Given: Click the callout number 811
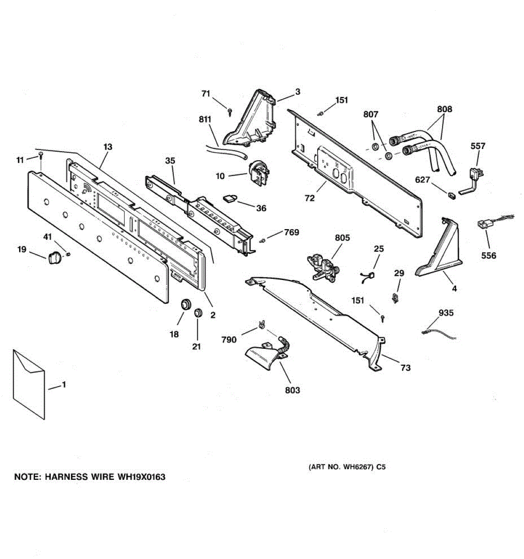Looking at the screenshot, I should coord(205,120).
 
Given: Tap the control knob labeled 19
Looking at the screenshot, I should coord(54,256).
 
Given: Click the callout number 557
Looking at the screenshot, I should coord(477,146).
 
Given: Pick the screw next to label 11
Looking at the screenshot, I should coord(41,154).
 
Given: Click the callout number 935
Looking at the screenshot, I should coord(446,313).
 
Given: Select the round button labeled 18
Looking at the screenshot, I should coord(187,304).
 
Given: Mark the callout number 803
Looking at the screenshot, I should coord(293,390).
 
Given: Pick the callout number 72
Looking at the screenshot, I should coord(310,198).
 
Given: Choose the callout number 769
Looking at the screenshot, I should coord(291,232).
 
